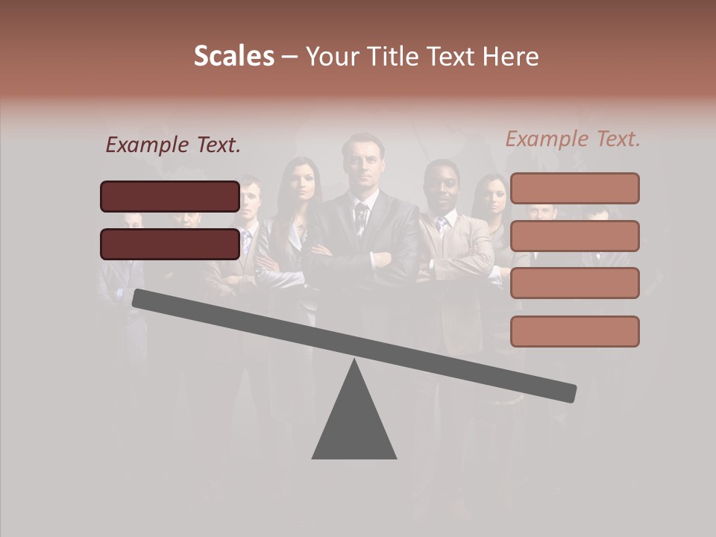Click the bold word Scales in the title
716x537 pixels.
(x=233, y=57)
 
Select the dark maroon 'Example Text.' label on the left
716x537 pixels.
(x=173, y=145)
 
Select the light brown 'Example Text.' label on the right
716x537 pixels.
(x=573, y=139)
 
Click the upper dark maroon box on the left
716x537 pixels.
(x=170, y=196)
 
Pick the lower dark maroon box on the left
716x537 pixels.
(x=170, y=244)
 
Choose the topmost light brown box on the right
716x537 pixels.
(x=574, y=188)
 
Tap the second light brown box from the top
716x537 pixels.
(x=574, y=236)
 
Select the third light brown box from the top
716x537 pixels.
(x=574, y=283)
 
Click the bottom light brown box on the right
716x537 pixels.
(x=574, y=331)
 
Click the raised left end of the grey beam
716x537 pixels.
(x=142, y=298)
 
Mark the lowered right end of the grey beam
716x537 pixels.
(x=567, y=392)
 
